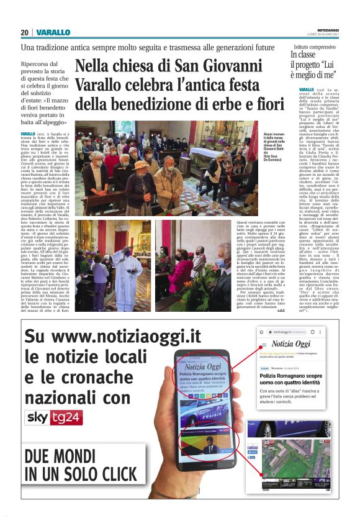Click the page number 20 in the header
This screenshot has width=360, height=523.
24,32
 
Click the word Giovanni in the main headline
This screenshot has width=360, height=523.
230,66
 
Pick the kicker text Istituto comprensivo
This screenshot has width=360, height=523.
315,47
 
